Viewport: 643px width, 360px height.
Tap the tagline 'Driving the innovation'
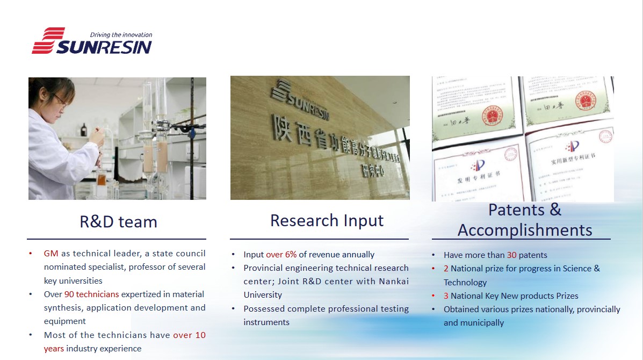tap(121, 35)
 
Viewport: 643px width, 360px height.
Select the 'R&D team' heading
tap(118, 221)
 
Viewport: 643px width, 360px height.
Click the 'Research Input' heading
tap(327, 220)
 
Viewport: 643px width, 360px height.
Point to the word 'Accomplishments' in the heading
tap(524, 230)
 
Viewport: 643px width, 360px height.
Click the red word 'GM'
tap(51, 253)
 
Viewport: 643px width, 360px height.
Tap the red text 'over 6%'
tap(281, 255)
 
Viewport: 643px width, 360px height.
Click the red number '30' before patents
tap(511, 255)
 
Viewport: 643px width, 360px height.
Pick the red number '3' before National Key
tap(446, 296)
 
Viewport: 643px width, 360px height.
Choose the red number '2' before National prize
tap(446, 269)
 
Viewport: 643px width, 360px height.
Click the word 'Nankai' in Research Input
tap(395, 282)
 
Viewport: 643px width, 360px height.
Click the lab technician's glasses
tap(59, 100)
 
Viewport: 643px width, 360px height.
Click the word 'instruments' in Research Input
tap(266, 322)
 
